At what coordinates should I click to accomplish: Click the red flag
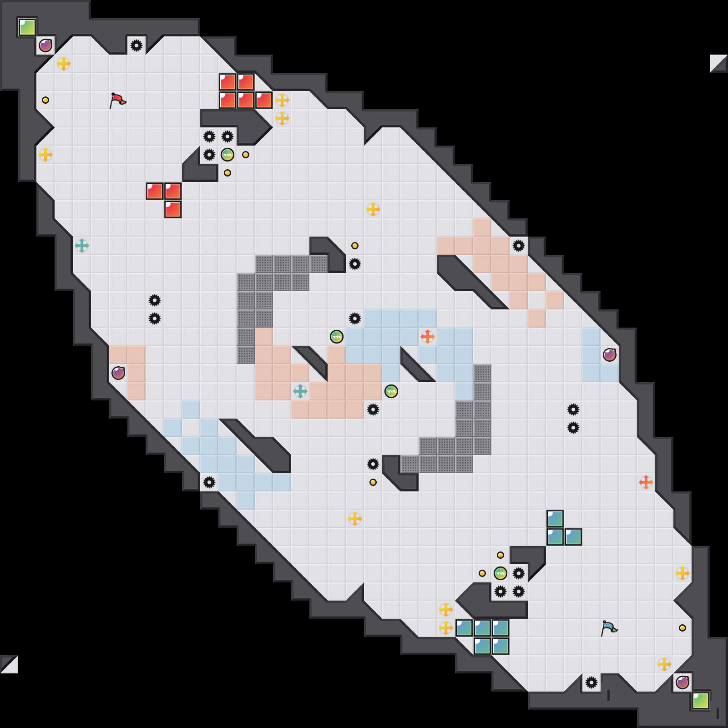point(117,100)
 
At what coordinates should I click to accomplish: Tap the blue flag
point(609,628)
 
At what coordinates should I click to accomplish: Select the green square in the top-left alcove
point(27,27)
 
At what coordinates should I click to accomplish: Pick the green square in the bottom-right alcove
point(701,701)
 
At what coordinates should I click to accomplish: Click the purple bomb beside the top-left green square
point(45,45)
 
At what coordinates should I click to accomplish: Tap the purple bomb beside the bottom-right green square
point(682,682)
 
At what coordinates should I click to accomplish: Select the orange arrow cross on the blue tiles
point(428,337)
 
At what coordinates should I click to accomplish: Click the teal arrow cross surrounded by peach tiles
point(300,391)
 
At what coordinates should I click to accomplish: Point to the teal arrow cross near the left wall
point(82,246)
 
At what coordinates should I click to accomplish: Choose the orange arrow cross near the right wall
point(646,482)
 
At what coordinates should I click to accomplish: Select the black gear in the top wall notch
point(136,45)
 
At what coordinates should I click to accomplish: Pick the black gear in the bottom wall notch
point(591,682)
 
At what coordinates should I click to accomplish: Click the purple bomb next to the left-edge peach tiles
point(118,373)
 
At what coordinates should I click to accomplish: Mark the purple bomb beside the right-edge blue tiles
point(610,355)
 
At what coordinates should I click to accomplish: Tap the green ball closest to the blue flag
point(500,573)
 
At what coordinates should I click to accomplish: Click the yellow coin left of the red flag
point(45,100)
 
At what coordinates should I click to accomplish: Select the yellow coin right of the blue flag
point(682,628)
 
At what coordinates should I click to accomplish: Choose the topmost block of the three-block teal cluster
point(555,519)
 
